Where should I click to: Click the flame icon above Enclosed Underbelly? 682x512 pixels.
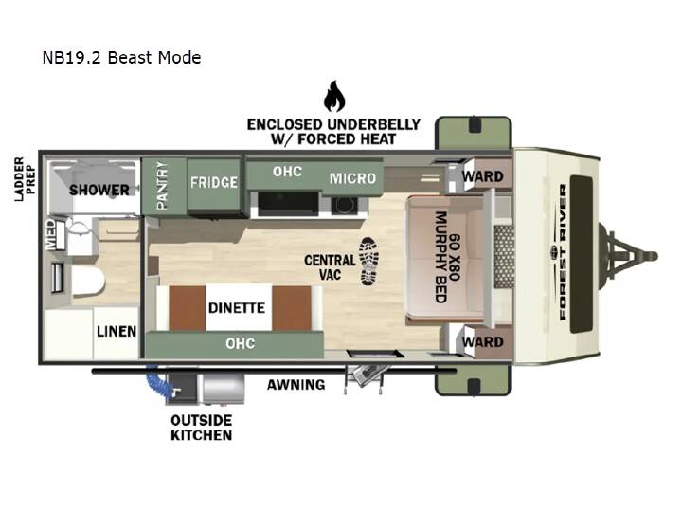[334, 96]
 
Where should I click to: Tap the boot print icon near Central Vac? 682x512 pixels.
[368, 262]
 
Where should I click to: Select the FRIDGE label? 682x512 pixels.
[214, 182]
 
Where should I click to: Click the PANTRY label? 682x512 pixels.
[162, 186]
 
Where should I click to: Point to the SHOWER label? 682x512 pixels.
[99, 190]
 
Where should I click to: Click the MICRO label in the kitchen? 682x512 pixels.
[352, 178]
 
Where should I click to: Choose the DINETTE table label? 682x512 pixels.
[237, 308]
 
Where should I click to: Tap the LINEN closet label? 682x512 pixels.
[117, 331]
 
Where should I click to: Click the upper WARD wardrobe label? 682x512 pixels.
[483, 176]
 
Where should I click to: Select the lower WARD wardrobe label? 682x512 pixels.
[483, 341]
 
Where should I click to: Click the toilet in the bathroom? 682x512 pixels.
[84, 279]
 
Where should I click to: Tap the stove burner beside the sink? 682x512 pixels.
[345, 205]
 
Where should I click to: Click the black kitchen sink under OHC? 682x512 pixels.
[288, 204]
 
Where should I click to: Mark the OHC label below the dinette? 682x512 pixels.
[240, 343]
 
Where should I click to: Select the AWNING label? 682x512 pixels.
[296, 385]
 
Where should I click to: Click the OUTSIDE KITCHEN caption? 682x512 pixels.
[202, 428]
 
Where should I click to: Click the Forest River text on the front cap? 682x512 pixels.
[563, 252]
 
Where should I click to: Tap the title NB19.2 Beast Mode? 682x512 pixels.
[121, 58]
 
